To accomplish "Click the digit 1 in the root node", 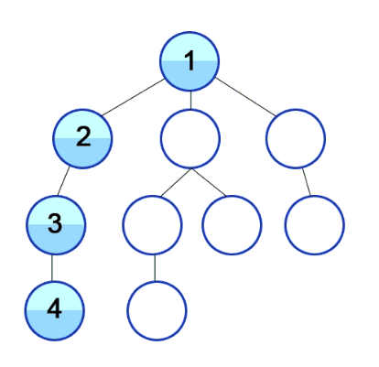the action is click(x=189, y=60).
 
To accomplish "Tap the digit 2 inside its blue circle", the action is click(x=83, y=136).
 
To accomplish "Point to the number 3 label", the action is click(x=55, y=223).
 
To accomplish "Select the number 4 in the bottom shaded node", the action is click(x=54, y=308).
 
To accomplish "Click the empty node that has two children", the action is click(x=190, y=139).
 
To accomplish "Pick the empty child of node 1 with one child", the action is click(x=296, y=138).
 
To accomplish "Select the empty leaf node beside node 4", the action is click(x=157, y=311).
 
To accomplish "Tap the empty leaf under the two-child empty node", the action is click(x=232, y=225).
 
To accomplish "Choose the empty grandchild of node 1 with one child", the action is click(x=152, y=225).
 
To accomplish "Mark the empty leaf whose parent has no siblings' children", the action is click(x=315, y=225).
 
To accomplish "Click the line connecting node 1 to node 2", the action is click(x=134, y=97).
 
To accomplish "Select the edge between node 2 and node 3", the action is click(x=63, y=181).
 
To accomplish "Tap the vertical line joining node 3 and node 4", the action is click(x=52, y=268).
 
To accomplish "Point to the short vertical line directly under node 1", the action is click(x=190, y=100).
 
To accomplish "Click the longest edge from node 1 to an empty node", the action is click(x=245, y=97).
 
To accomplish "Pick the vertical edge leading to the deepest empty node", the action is click(x=155, y=268).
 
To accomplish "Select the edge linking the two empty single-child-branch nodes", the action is click(x=307, y=181).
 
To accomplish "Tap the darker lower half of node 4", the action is click(x=54, y=325).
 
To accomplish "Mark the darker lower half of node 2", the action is click(x=82, y=153).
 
